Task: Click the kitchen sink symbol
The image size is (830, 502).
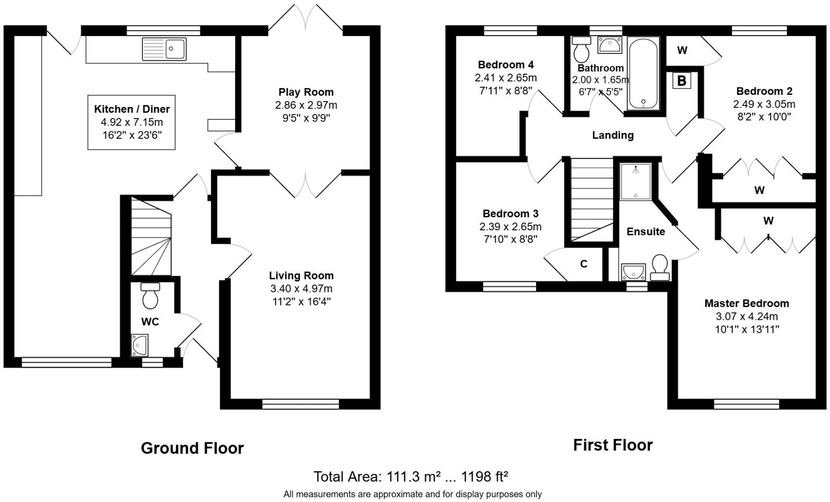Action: pyautogui.click(x=164, y=49)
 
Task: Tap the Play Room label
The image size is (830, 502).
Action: pyautogui.click(x=306, y=92)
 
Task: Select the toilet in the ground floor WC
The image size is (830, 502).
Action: pyautogui.click(x=150, y=296)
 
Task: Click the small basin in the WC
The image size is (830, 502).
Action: pyautogui.click(x=139, y=345)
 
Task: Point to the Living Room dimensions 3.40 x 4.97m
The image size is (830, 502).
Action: pyautogui.click(x=301, y=289)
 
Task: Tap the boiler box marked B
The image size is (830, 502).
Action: pyautogui.click(x=682, y=80)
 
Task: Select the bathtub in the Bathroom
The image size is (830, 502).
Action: pyautogui.click(x=643, y=73)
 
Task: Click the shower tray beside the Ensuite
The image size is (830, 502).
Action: pyautogui.click(x=635, y=182)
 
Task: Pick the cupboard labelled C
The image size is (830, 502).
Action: pyautogui.click(x=584, y=264)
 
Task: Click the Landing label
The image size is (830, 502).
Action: pyautogui.click(x=613, y=135)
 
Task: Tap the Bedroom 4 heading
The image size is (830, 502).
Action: pyautogui.click(x=506, y=65)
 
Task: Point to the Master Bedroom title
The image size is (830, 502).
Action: pyautogui.click(x=746, y=304)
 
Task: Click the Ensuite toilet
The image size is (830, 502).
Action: pyautogui.click(x=659, y=267)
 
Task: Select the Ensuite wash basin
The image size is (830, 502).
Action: pyautogui.click(x=633, y=272)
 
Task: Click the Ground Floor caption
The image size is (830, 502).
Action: pyautogui.click(x=192, y=448)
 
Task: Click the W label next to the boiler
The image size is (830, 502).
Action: pyautogui.click(x=682, y=51)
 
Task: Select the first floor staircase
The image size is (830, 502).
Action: pyautogui.click(x=591, y=199)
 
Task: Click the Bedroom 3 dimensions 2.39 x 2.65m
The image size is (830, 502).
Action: pyautogui.click(x=510, y=226)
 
